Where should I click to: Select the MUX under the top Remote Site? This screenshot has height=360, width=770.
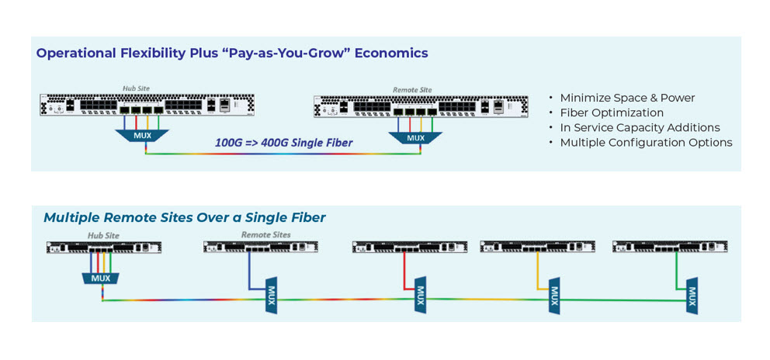coord(415,138)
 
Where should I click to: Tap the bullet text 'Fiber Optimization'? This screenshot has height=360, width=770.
coord(612,113)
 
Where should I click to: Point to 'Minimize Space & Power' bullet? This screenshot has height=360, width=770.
coord(628,98)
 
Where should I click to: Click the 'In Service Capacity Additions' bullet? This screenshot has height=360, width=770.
coord(640,128)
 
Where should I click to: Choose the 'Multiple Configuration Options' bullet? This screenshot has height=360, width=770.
coord(647,143)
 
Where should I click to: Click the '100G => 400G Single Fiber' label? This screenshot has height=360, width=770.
coord(284,144)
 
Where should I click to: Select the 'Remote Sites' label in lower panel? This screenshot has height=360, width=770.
coord(265,235)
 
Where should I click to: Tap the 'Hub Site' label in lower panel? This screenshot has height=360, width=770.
coord(103,236)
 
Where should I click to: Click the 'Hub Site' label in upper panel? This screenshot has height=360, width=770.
coord(136,88)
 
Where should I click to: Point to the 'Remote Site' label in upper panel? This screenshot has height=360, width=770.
coord(411,90)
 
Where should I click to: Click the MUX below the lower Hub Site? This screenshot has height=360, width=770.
coord(101,279)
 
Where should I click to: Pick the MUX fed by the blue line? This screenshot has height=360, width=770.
coord(271,295)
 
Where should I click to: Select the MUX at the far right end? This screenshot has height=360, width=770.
coord(692,296)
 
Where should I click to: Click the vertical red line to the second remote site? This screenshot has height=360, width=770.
coord(404,269)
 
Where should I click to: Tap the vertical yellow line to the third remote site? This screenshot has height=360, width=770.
coord(537,270)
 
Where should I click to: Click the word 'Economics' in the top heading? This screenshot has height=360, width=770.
coord(391,53)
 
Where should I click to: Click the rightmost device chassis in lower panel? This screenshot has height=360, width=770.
coord(671,247)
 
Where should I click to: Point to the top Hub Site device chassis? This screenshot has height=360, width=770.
coord(147,105)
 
